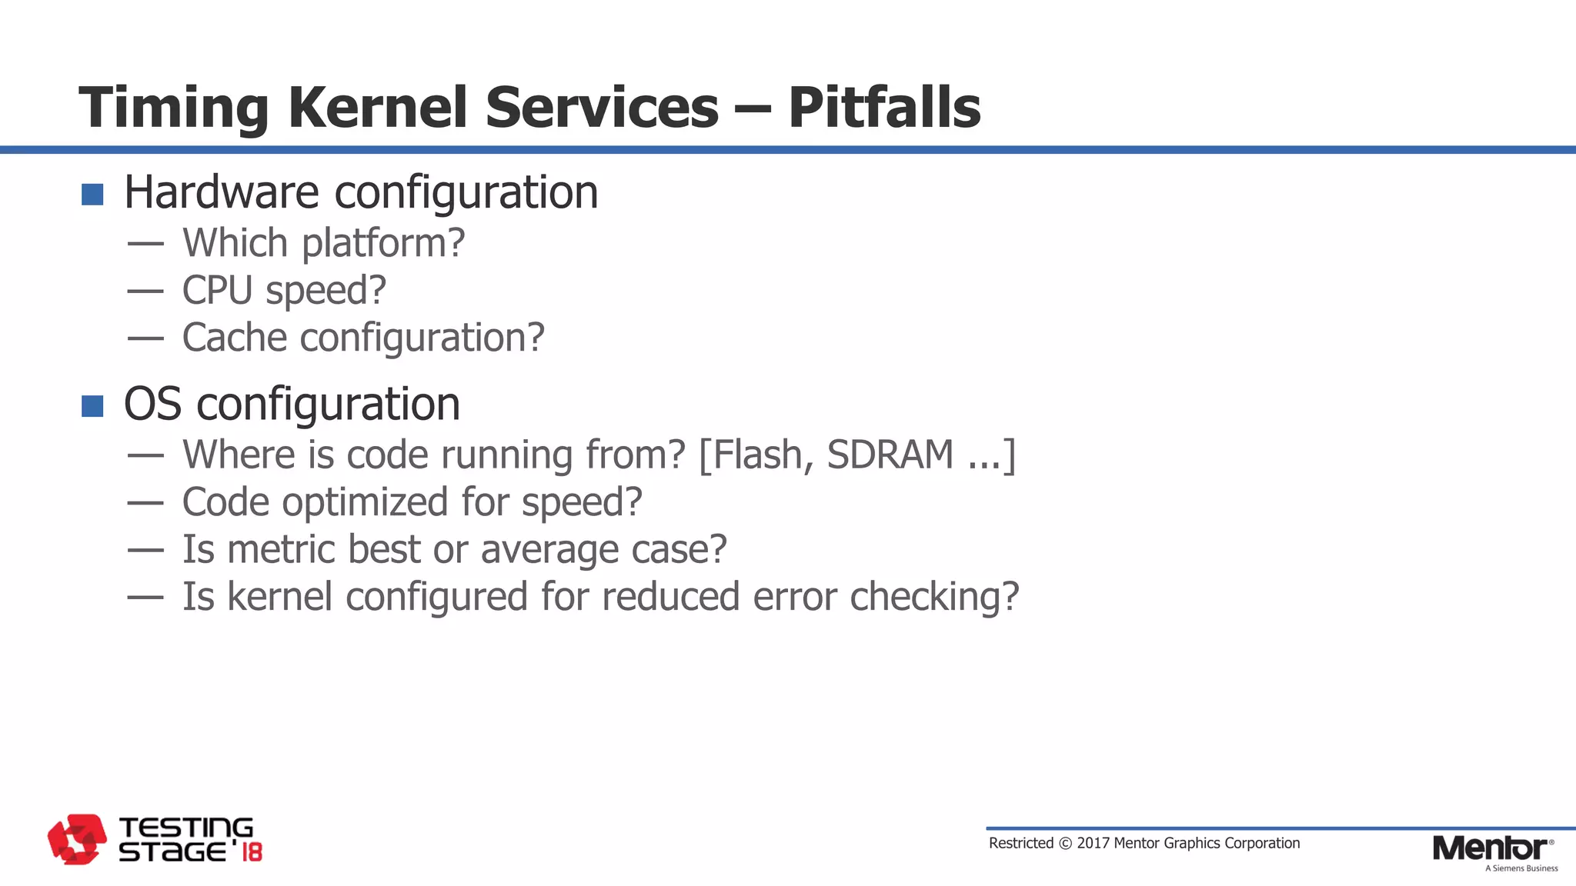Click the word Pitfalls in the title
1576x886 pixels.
coord(884,108)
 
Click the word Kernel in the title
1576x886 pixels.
coord(377,108)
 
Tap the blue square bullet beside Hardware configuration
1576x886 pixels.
coord(92,195)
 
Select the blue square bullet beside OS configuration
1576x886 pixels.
coord(92,406)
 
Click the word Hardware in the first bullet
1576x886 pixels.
coord(221,192)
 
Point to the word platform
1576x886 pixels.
coord(382,245)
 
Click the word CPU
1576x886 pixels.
coord(217,291)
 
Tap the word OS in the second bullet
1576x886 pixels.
coord(152,405)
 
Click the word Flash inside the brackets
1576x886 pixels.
coord(758,455)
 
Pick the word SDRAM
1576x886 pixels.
coord(890,455)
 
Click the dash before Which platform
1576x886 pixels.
coord(145,245)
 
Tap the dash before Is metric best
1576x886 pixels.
coord(145,550)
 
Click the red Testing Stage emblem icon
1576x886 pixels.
coord(76,839)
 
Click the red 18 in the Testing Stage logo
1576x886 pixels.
coord(252,852)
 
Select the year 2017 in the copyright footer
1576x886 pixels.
coord(1093,843)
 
